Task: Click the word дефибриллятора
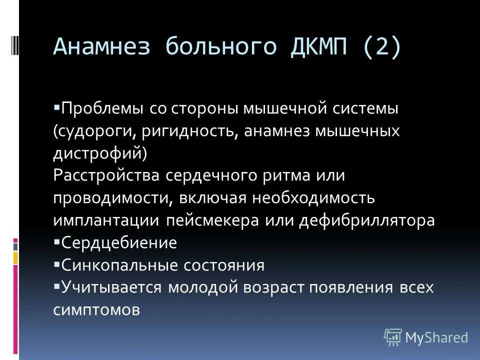[367, 220]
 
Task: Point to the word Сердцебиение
[119, 243]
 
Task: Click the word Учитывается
[111, 287]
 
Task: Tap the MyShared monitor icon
[392, 337]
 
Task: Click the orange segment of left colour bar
[15, 257]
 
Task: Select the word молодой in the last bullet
[208, 287]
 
